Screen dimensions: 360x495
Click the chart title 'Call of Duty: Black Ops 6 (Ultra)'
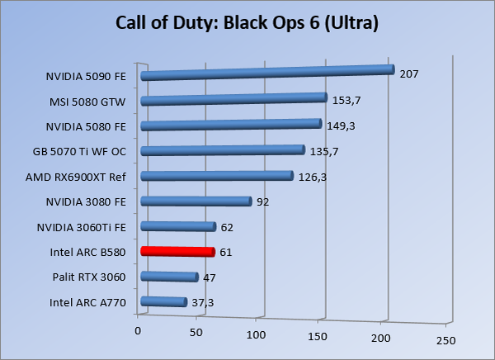247,23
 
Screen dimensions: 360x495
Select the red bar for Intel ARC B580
177,252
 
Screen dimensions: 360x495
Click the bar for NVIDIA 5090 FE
266,73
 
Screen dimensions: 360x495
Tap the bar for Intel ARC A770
163,302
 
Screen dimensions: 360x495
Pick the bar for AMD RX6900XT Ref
217,176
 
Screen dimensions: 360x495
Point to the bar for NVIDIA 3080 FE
196,201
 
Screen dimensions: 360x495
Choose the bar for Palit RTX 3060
169,277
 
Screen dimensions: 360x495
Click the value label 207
409,74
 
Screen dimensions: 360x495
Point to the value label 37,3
204,303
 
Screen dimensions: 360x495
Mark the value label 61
226,252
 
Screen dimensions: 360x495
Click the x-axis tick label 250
445,339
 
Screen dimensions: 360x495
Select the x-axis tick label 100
257,334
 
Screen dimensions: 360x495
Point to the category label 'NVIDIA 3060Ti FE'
82,227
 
